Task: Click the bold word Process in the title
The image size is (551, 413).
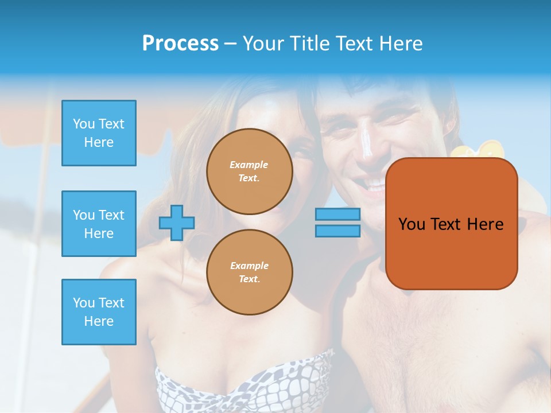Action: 180,43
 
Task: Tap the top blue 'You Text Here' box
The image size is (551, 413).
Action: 99,133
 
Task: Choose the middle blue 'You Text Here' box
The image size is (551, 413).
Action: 99,224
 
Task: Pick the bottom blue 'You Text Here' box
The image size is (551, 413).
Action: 99,312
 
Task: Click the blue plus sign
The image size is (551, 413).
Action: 177,223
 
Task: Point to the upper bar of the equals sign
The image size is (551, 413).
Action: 337,215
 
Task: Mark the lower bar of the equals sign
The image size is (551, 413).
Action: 337,231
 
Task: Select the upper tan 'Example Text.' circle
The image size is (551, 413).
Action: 249,171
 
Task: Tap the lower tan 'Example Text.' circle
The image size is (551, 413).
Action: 249,272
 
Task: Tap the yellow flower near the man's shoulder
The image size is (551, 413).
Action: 478,150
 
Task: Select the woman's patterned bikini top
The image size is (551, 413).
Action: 241,384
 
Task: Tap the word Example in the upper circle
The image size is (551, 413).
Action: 249,165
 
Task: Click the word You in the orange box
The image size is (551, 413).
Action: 412,224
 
